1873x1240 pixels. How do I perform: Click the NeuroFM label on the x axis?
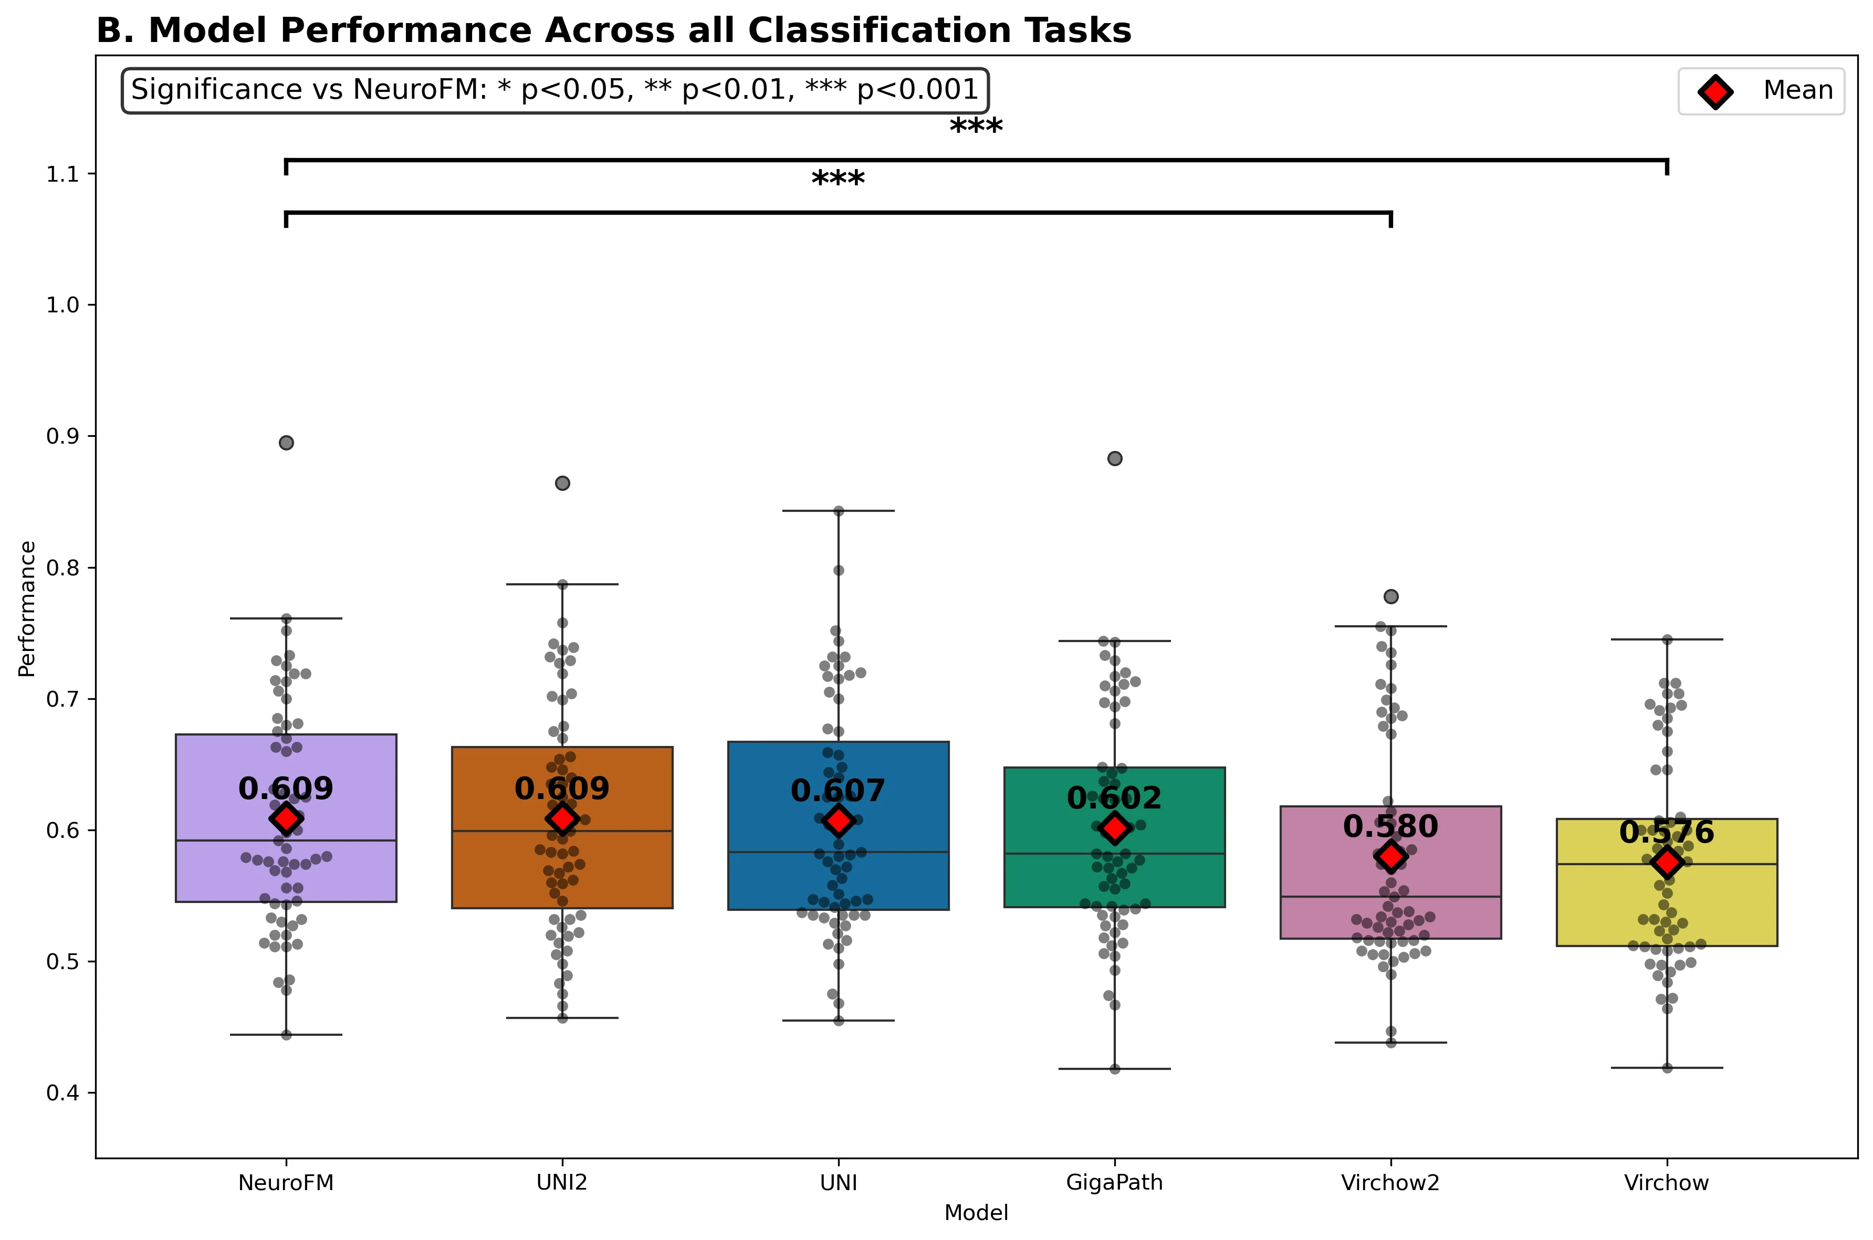(286, 1183)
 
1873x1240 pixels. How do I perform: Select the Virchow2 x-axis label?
(1390, 1183)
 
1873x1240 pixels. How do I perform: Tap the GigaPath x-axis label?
(1114, 1183)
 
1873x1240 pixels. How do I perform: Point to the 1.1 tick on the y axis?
(64, 174)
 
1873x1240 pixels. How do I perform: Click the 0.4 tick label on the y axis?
(64, 1093)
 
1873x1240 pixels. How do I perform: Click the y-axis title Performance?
(27, 609)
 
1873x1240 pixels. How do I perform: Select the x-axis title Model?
(976, 1213)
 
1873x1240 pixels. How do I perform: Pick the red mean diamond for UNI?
(839, 821)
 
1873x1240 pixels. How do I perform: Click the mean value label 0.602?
(1114, 798)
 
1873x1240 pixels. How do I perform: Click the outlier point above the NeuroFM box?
(286, 443)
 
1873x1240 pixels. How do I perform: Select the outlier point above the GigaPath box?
(1114, 459)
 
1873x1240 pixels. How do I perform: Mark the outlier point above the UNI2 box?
(562, 483)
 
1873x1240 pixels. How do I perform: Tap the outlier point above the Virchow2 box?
(1390, 596)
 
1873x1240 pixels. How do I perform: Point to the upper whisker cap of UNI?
(839, 511)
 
